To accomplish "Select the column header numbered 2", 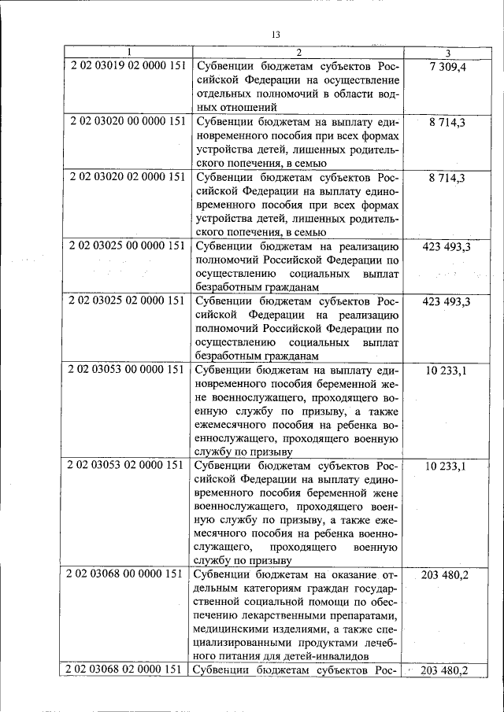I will tap(298, 53).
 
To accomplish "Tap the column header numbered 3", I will tap(447, 53).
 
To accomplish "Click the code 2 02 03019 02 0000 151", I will tap(127, 66).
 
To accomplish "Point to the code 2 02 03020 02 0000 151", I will tap(127, 177).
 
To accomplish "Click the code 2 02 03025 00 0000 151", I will tap(127, 246).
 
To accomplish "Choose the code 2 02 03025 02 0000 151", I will tap(127, 301).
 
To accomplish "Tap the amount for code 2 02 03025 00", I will tap(447, 247).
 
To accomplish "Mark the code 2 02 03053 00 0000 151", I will tap(127, 370).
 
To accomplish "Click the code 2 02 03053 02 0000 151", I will tap(127, 466).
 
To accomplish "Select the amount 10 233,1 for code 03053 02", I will tap(447, 467).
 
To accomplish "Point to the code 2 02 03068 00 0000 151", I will tap(127, 574).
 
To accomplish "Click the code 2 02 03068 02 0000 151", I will tap(127, 670).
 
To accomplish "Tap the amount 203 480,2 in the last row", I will tap(446, 670).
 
